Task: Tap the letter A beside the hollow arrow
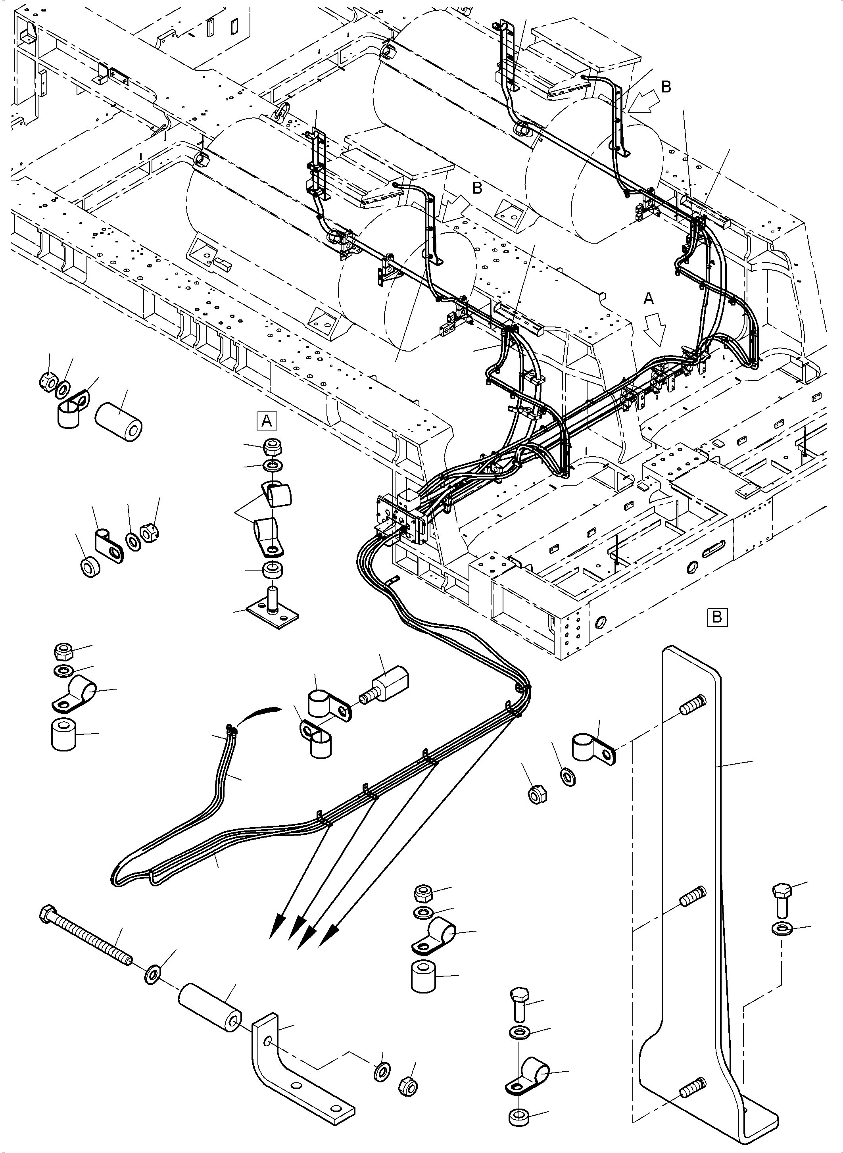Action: click(x=649, y=299)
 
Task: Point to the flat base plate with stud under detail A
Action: click(x=273, y=611)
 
